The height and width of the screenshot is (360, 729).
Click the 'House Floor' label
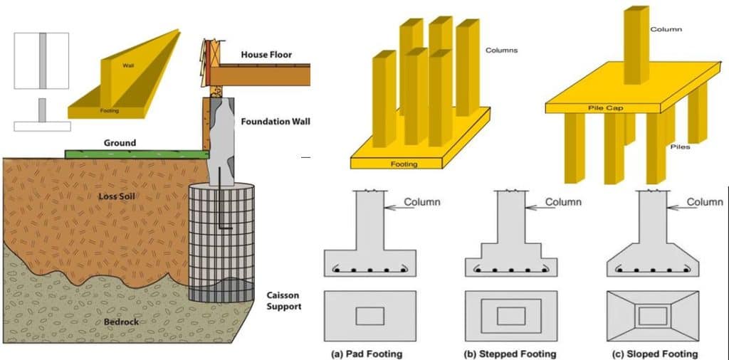pyautogui.click(x=266, y=55)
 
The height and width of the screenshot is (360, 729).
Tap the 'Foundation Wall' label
pyautogui.click(x=274, y=122)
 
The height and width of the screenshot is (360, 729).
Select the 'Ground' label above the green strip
pyautogui.click(x=120, y=143)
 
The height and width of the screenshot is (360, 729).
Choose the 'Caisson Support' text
pyautogui.click(x=283, y=301)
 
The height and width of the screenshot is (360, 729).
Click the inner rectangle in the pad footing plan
pyautogui.click(x=369, y=316)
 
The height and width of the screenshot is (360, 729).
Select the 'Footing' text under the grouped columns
pyautogui.click(x=404, y=164)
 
